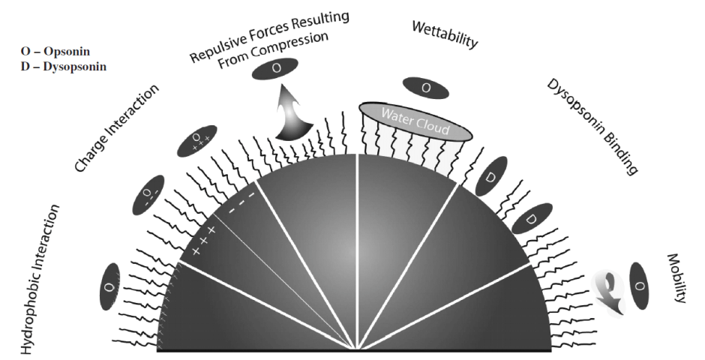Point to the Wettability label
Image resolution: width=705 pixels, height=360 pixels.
[x=445, y=34]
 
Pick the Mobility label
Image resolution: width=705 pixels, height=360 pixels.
[x=676, y=277]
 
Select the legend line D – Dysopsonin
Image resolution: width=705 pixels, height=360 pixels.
[x=64, y=67]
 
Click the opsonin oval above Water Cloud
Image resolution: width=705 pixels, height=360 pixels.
[x=426, y=88]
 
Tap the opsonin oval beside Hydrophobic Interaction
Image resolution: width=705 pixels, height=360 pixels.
[x=109, y=286]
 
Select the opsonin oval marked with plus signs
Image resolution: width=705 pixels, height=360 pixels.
[x=196, y=141]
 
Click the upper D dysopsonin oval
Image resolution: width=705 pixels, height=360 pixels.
[x=493, y=177]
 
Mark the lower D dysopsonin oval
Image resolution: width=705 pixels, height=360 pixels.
[x=530, y=219]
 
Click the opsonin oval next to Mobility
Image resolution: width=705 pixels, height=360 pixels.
[x=640, y=286]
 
